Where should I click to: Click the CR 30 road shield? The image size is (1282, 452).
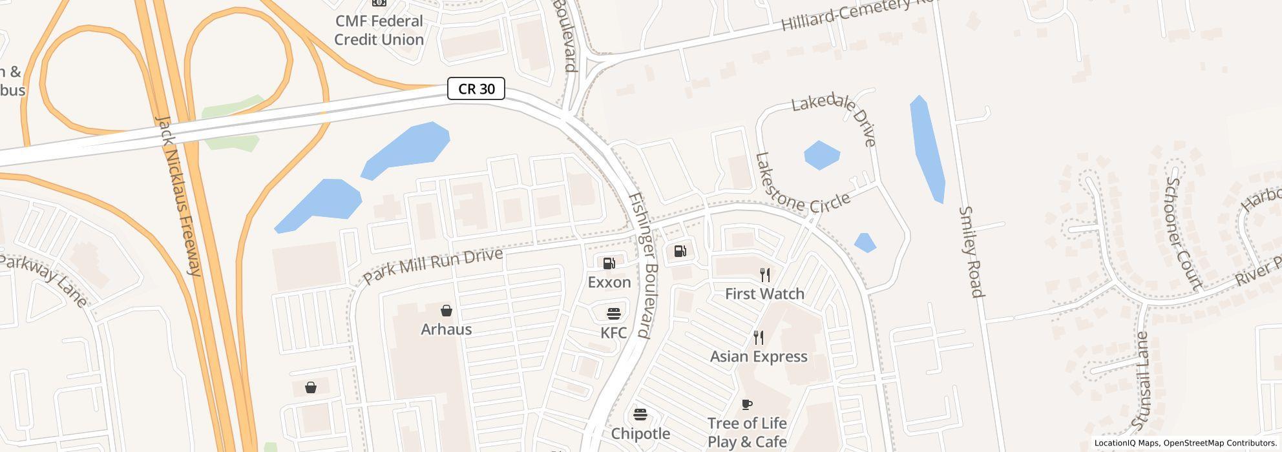pos(476,88)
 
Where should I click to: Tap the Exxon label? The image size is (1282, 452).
pos(609,282)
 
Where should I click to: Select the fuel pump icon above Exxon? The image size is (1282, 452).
pos(609,263)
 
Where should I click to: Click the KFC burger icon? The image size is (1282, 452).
pos(613,314)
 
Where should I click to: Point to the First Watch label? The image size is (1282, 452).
pos(764,294)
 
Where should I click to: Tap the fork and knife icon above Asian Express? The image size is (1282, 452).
pos(759,338)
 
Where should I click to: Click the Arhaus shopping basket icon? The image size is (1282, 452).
pos(446,311)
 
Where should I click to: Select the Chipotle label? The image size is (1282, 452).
pos(640,433)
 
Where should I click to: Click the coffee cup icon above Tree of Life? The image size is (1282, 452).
pos(747,404)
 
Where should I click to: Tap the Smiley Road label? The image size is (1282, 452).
pos(971,252)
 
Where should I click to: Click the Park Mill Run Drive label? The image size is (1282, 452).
pos(433,265)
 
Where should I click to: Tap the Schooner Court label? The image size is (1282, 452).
pos(1182,232)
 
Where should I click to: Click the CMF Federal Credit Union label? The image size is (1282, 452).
pos(379,30)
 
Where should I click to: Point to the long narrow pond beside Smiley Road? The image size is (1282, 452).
pos(928,149)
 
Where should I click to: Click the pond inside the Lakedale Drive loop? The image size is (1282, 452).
pos(821,155)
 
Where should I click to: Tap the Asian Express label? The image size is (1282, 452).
pos(759,356)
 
